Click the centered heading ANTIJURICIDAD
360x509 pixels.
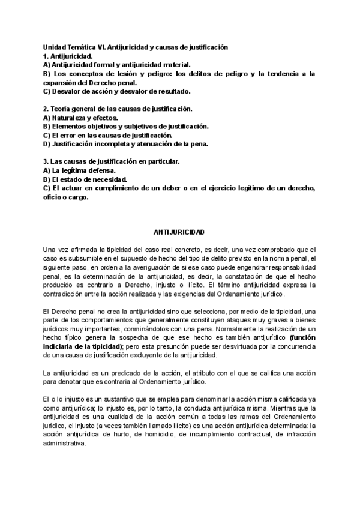pyautogui.click(x=179, y=231)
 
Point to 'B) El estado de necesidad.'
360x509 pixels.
pyautogui.click(x=85, y=179)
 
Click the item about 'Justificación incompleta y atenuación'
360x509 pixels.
pyautogui.click(x=125, y=144)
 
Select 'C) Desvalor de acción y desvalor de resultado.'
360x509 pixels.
pyautogui.click(x=116, y=91)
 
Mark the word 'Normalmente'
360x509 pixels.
pyautogui.click(x=233, y=328)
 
